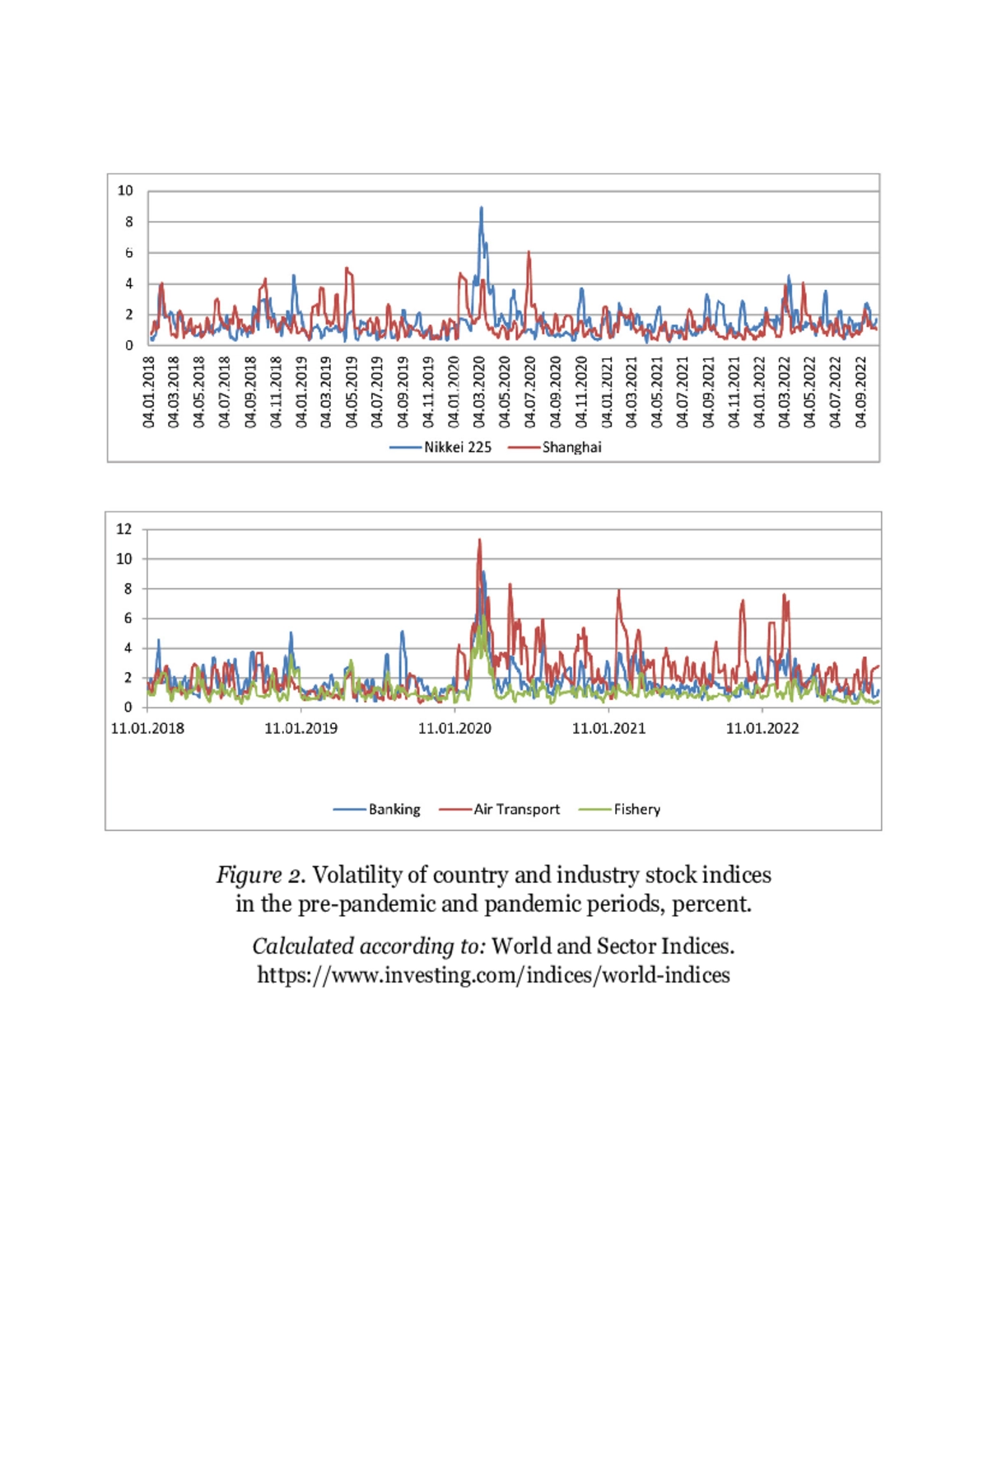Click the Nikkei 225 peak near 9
click(x=482, y=208)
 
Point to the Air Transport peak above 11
click(x=479, y=540)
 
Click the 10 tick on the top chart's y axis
click(x=125, y=190)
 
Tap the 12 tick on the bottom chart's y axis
click(x=123, y=529)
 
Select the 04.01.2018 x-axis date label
click(x=149, y=392)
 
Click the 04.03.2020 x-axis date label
click(x=480, y=392)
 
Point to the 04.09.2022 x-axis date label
click(x=861, y=392)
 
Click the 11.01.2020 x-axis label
click(x=454, y=728)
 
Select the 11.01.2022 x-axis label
click(x=762, y=728)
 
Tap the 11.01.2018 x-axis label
click(x=147, y=728)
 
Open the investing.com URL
click(x=493, y=975)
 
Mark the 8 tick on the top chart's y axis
click(x=128, y=222)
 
